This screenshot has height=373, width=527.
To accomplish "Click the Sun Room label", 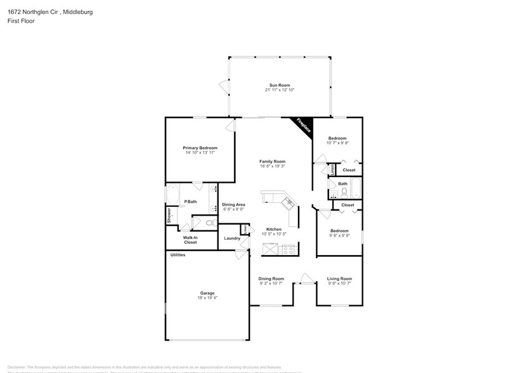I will tap(280, 85).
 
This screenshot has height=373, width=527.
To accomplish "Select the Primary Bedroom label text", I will tap(200, 148).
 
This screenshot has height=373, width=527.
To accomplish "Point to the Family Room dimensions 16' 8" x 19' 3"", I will tap(272, 166).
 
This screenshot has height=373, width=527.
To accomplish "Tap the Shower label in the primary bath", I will tap(169, 216).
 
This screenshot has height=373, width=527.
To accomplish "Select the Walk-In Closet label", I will tap(190, 240).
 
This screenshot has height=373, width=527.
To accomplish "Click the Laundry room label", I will tap(232, 239).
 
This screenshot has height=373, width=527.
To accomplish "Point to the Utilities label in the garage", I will tap(178, 254).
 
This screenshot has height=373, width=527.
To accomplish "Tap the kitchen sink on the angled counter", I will tap(289, 203).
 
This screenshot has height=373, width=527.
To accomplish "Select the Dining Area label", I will tap(233, 204).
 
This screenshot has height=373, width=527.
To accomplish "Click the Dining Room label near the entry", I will tap(271, 278).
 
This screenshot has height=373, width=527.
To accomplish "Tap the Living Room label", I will tap(339, 278).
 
